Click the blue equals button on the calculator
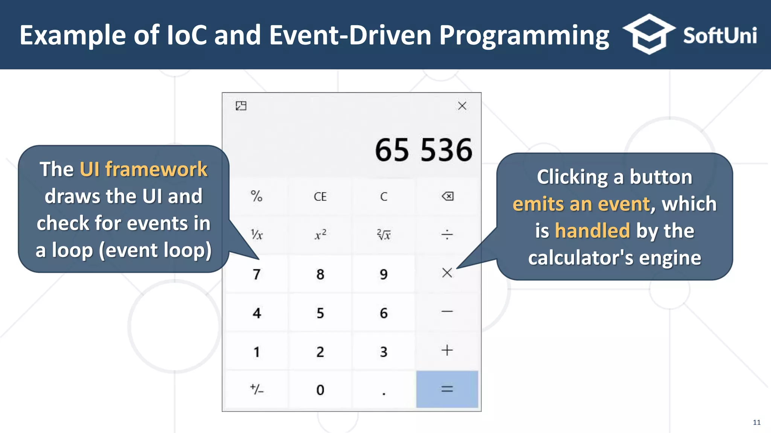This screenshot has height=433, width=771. coord(447,389)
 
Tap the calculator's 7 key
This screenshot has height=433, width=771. coord(256,274)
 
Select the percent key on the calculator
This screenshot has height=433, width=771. coord(256,196)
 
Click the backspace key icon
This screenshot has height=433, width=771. coord(447,196)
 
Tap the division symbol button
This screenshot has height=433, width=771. coord(447,235)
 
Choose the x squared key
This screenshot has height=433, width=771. coord(320,235)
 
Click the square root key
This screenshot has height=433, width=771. coord(384,235)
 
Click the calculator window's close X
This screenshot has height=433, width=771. coord(462,106)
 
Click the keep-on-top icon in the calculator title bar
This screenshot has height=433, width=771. coord(241,106)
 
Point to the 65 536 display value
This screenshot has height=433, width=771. coord(423,150)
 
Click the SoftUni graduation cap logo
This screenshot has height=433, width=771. coord(649,34)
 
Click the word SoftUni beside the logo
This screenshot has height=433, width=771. coord(719,36)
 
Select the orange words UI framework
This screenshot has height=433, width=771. coord(143,169)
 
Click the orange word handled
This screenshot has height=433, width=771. coord(592,230)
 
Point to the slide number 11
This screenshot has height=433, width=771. coord(756,422)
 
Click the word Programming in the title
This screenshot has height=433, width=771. coord(524,36)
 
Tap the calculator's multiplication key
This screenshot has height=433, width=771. coord(447,273)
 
